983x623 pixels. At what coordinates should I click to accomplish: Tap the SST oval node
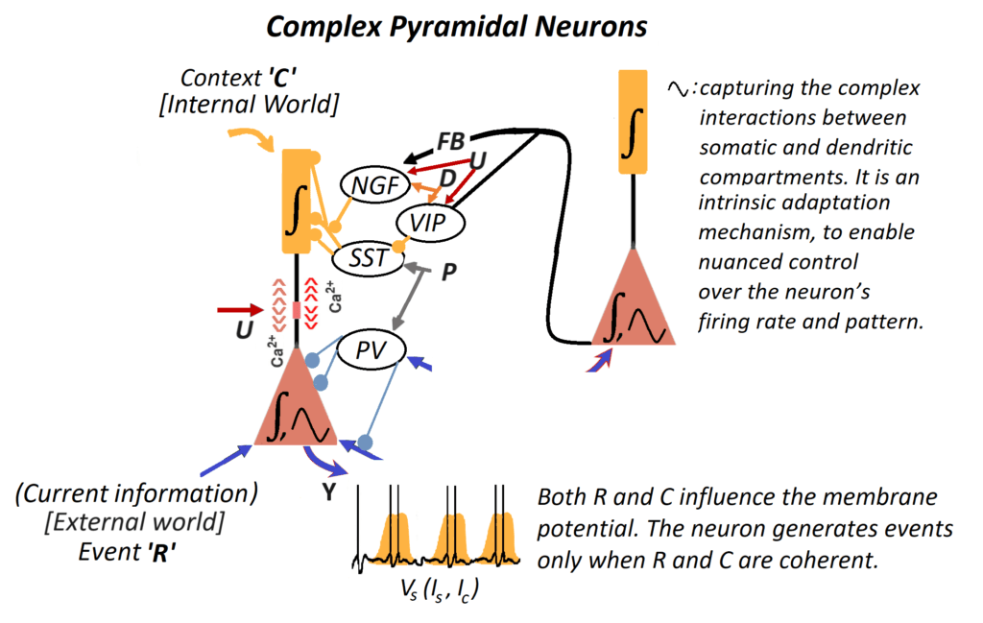coord(366,255)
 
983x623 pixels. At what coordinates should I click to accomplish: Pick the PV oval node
coord(371,350)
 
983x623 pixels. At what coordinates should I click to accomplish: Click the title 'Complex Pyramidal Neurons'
coord(456,26)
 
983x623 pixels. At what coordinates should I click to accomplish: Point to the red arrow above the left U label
coord(240,310)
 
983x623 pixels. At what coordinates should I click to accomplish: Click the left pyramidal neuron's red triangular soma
coord(298,408)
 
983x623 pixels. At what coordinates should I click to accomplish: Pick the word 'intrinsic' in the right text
coord(742,204)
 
